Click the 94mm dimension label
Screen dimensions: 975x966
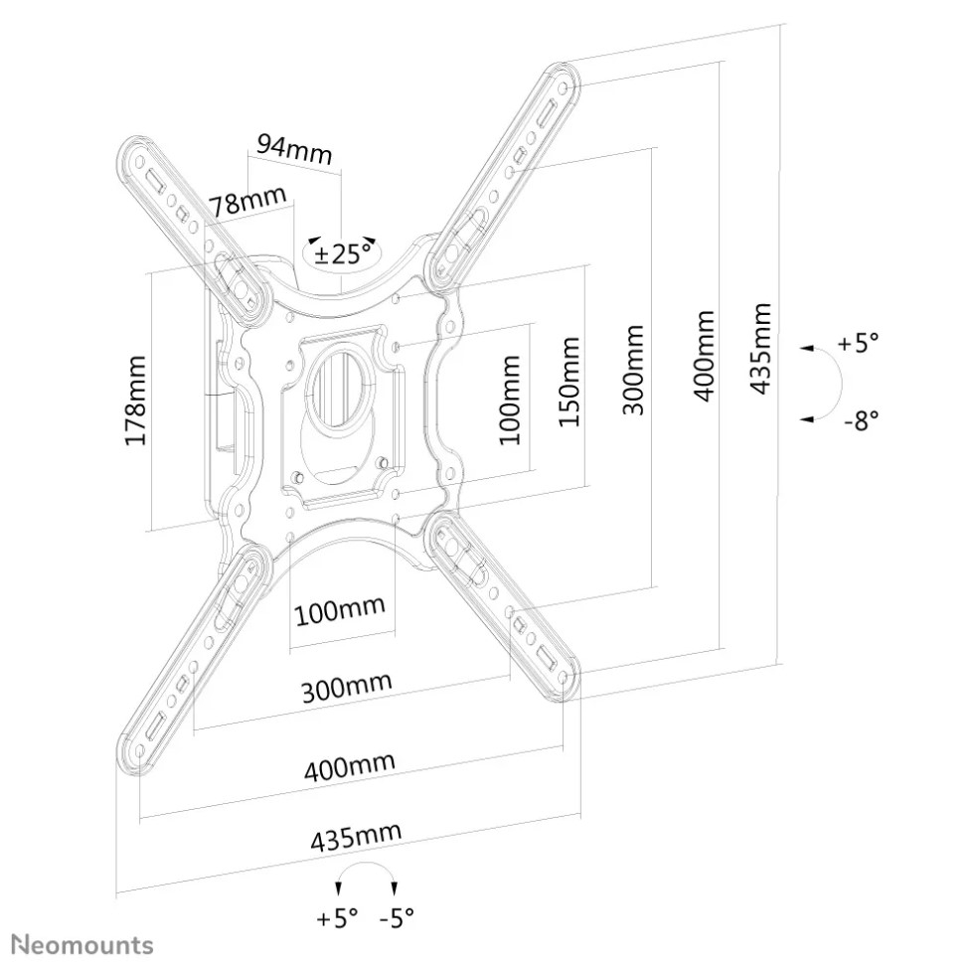(x=294, y=149)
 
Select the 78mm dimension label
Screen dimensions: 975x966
(x=247, y=200)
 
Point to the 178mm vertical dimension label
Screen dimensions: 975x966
(x=136, y=401)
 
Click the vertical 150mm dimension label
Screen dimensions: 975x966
(x=569, y=381)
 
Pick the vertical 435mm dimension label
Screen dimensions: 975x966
(x=761, y=348)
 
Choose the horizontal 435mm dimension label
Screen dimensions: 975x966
(x=356, y=836)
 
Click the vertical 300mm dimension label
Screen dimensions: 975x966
(x=633, y=370)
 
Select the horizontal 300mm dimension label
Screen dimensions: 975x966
(x=346, y=687)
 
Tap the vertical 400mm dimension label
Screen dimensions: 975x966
(x=704, y=356)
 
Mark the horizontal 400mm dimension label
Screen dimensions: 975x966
(x=350, y=765)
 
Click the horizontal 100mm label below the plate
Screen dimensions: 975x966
(x=340, y=611)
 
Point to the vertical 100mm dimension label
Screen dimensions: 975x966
(x=510, y=400)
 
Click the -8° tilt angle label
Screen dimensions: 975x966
(x=862, y=420)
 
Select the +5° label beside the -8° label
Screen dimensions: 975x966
(x=859, y=342)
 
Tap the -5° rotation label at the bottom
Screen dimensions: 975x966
(x=397, y=917)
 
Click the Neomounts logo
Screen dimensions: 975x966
(x=83, y=945)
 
